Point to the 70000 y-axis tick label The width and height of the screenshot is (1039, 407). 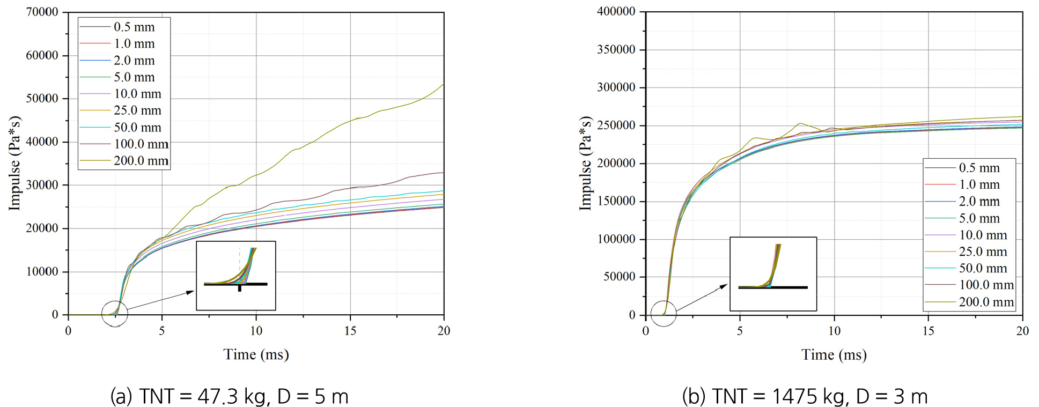(42, 12)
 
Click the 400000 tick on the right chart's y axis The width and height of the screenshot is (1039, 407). (616, 11)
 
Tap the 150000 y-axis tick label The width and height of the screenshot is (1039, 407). (616, 202)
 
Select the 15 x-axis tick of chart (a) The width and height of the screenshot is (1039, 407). (350, 331)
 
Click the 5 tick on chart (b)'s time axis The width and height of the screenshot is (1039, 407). (740, 331)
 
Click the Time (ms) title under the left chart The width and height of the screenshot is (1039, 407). (256, 354)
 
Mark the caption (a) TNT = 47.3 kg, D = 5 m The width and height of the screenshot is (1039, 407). (230, 397)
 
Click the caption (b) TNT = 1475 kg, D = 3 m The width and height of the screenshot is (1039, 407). (805, 397)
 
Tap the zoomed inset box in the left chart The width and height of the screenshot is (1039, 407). (236, 276)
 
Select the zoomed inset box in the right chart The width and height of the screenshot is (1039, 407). (773, 274)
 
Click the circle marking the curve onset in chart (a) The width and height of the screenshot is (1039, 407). (115, 314)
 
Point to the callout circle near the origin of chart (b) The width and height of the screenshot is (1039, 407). (664, 313)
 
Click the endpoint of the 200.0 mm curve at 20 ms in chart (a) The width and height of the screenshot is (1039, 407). (444, 84)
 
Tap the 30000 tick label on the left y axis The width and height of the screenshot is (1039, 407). (42, 185)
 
